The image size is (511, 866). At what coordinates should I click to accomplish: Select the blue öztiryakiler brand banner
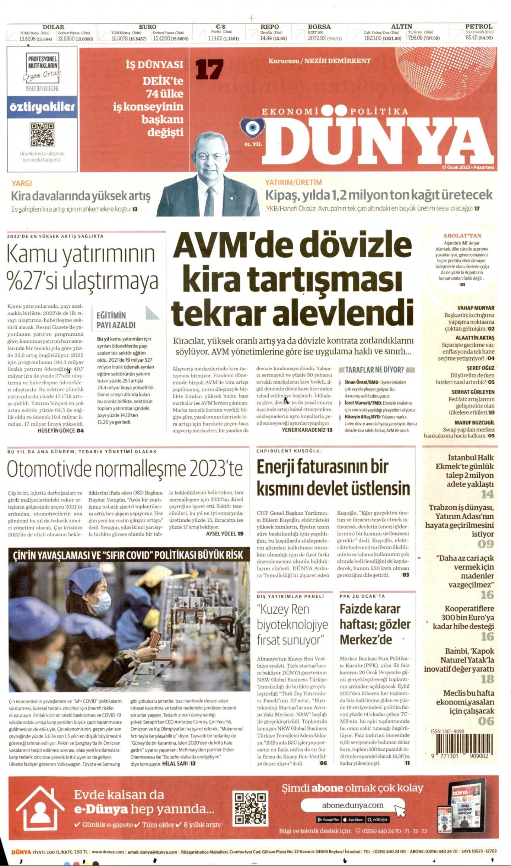42,107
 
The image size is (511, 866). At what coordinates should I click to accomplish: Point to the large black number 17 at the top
209,69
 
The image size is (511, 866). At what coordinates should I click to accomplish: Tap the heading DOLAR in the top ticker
53,27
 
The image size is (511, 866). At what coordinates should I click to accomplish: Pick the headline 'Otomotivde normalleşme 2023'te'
125,469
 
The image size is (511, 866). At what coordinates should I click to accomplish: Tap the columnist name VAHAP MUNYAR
476,308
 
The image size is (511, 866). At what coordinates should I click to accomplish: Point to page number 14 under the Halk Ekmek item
487,494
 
